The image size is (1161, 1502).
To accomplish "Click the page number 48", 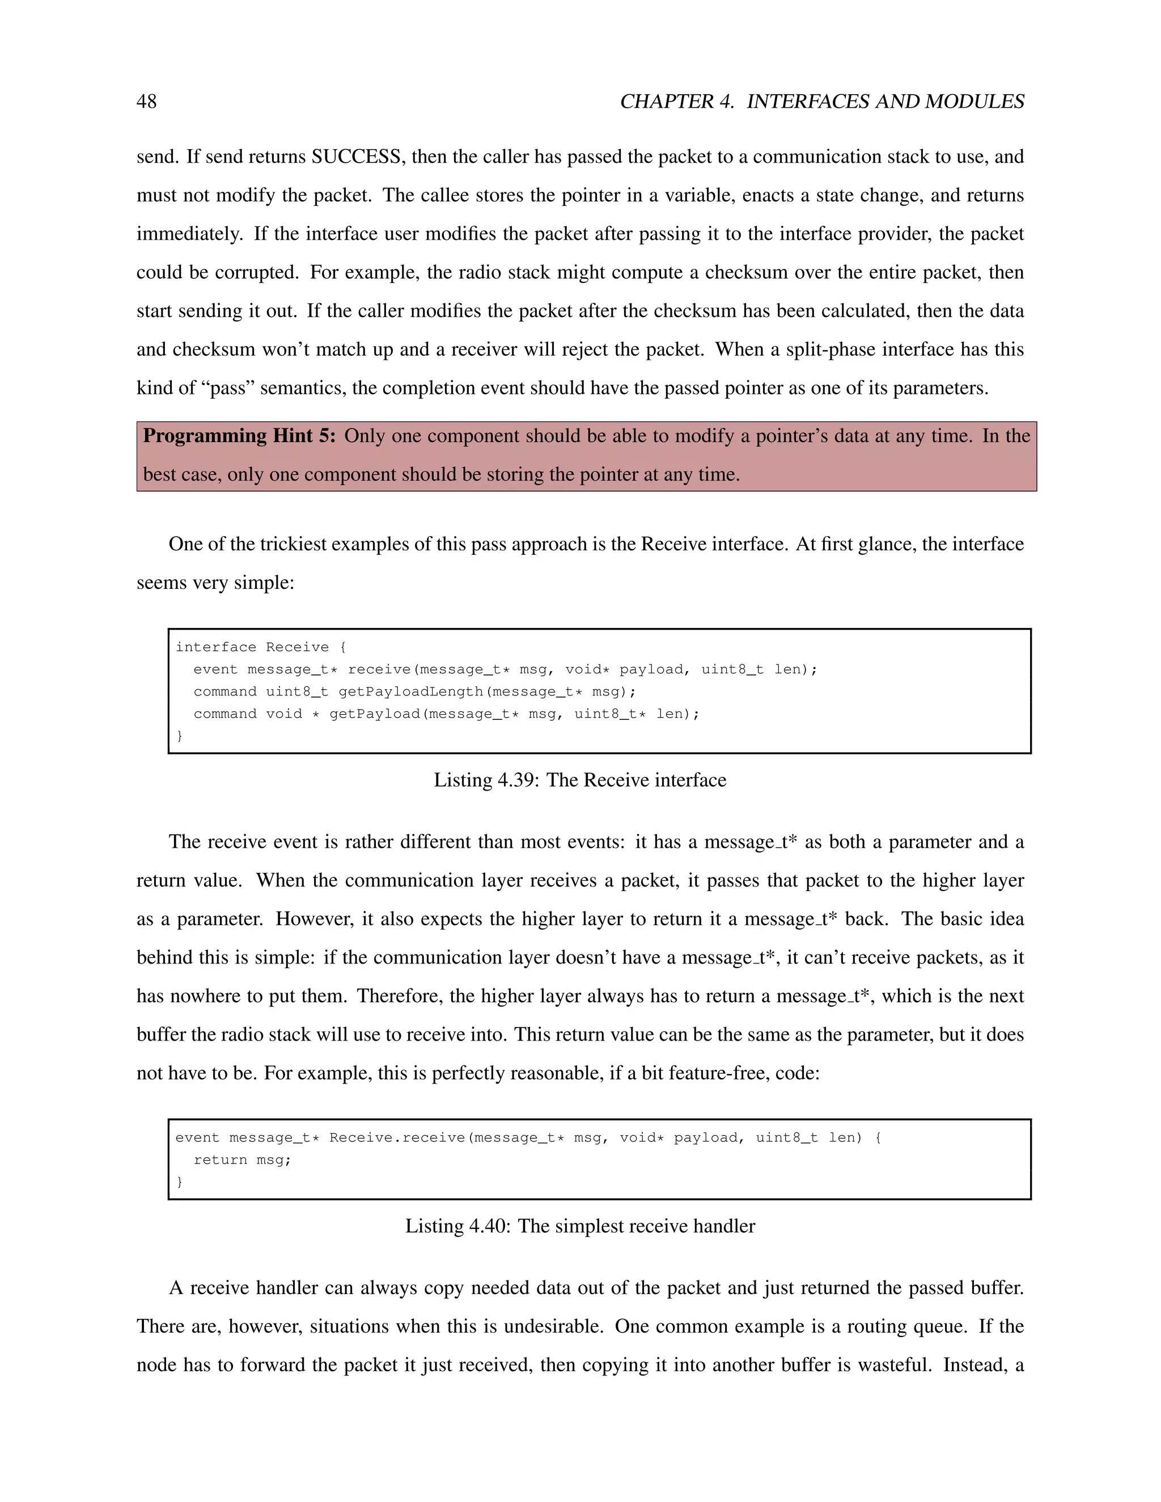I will click(x=146, y=102).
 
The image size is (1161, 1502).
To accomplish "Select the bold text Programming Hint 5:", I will click(x=239, y=436).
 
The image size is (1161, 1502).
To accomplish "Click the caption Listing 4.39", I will click(x=579, y=780).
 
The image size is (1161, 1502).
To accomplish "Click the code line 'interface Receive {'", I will click(x=261, y=647).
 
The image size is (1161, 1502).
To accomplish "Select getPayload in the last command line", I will click(x=374, y=714).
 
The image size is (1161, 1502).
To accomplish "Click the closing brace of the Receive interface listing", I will click(x=180, y=736).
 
